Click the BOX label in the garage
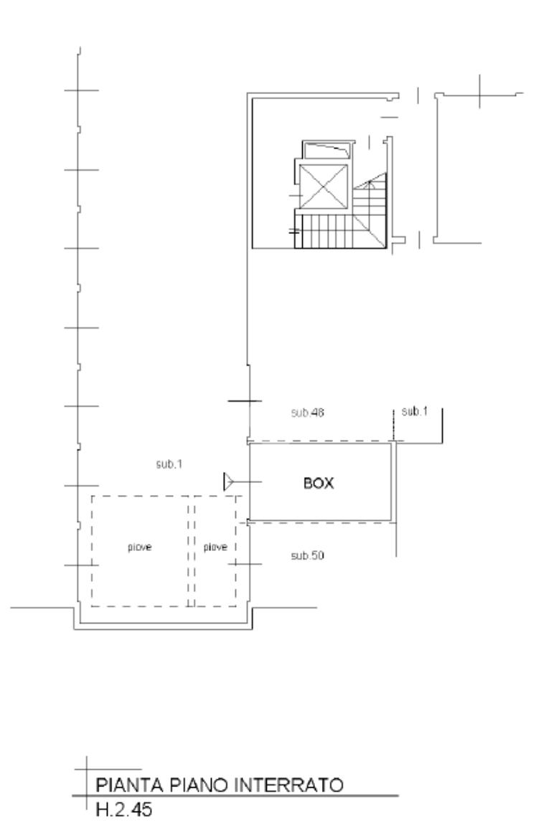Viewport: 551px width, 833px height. pos(319,483)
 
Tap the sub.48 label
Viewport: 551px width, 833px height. pos(307,413)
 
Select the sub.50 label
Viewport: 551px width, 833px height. pos(307,555)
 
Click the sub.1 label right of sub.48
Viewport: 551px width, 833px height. pos(415,411)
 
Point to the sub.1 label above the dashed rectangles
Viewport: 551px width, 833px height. pos(169,464)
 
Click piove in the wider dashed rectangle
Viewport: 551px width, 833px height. pos(140,547)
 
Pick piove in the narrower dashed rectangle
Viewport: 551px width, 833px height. pos(215,547)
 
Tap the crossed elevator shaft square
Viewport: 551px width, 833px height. pos(324,187)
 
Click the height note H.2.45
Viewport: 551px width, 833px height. pos(124,809)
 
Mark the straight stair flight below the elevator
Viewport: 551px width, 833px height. pos(325,231)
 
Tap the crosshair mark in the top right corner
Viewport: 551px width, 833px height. pos(480,93)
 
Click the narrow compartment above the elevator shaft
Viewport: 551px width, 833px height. pos(326,151)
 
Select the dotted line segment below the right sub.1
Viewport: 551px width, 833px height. pos(393,425)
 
